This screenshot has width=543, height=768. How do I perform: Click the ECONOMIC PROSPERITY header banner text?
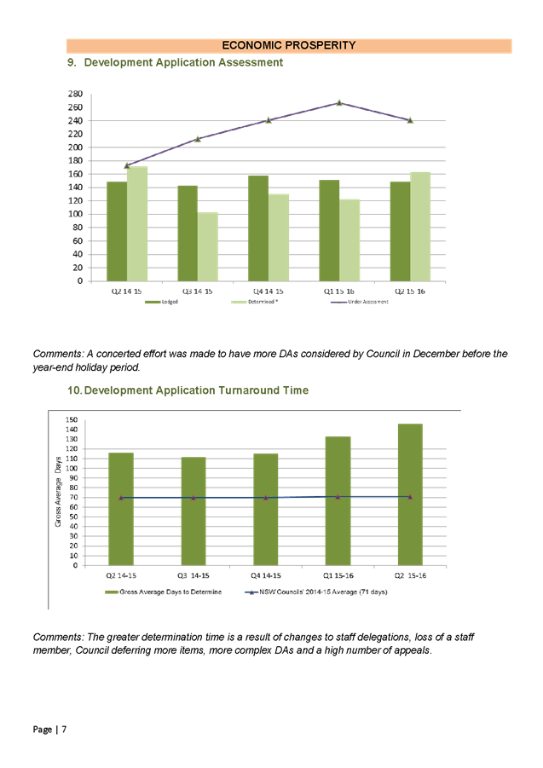[x=288, y=45]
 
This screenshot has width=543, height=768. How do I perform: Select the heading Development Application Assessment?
[x=183, y=63]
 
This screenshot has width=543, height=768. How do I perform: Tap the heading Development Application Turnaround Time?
[x=196, y=390]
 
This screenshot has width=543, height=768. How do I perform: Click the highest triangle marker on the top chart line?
[x=339, y=103]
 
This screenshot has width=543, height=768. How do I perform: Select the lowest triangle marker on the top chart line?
[x=127, y=166]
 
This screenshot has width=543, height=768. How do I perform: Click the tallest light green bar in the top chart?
[x=137, y=223]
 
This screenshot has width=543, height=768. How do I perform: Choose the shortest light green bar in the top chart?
[x=208, y=246]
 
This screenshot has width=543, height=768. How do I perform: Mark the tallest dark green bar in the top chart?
[x=258, y=228]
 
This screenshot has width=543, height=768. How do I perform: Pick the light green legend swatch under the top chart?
[x=240, y=302]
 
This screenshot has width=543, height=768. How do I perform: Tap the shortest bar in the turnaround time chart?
[x=194, y=510]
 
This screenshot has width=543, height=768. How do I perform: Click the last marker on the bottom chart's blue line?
[x=410, y=497]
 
